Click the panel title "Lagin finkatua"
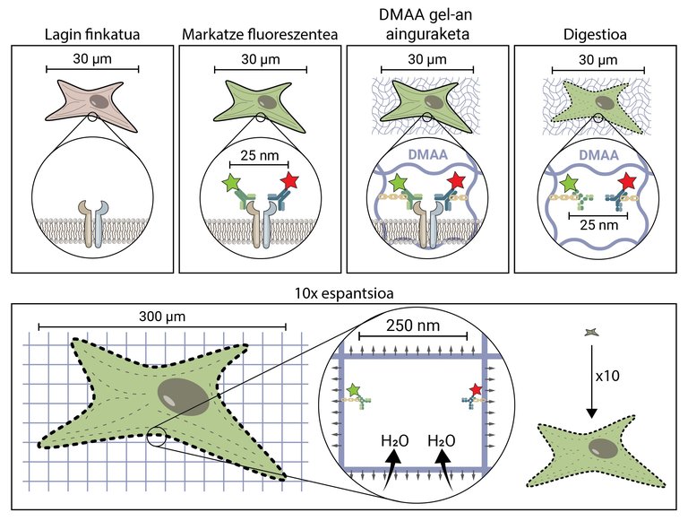point(92,34)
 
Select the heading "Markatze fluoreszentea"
point(261,34)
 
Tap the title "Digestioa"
point(594,34)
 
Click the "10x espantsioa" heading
point(344,292)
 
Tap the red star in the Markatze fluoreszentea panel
point(288,183)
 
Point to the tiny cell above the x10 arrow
point(589,334)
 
